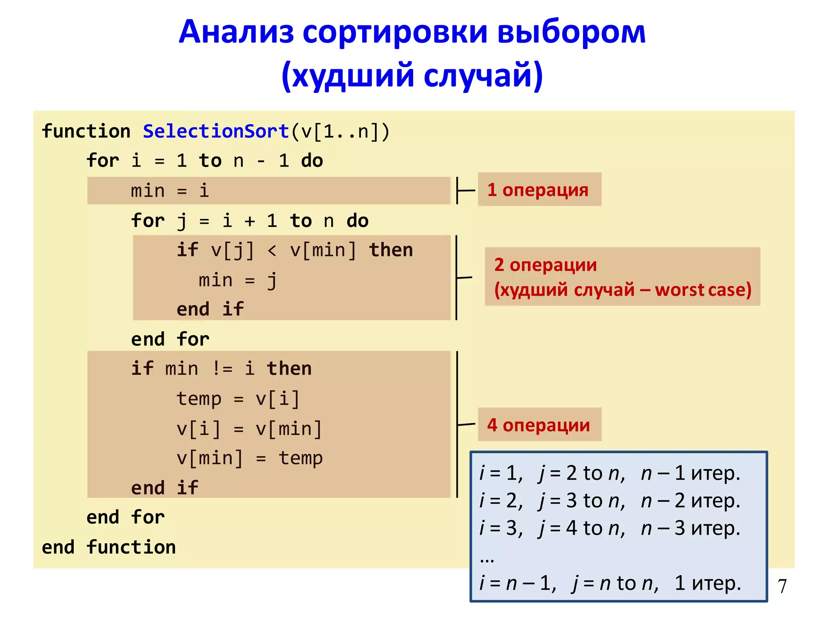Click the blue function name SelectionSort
tap(216, 132)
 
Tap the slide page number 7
tap(782, 586)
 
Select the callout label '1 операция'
tap(538, 190)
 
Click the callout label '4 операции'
tap(538, 425)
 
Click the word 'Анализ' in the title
tap(237, 32)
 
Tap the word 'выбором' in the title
tap(571, 32)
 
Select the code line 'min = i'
tap(170, 191)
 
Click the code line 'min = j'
tap(237, 280)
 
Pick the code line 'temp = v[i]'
tap(238, 399)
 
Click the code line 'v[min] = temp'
tap(249, 458)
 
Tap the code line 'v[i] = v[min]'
tap(249, 428)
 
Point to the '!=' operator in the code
tap(222, 369)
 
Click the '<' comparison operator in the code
tap(272, 250)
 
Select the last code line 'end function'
tap(109, 547)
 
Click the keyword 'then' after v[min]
tap(391, 250)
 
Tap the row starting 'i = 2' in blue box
tap(610, 501)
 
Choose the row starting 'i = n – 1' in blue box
tap(610, 583)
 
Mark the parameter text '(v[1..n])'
tap(340, 132)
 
